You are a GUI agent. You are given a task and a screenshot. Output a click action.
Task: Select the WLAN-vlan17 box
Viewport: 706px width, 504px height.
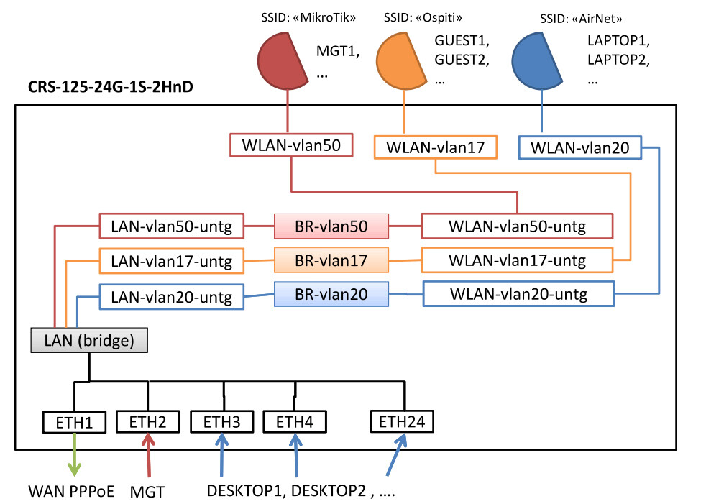436,147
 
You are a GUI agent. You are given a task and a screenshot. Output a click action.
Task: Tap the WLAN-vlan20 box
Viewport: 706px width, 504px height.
579,147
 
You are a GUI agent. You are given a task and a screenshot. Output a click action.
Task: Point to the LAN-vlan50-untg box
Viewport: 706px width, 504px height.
170,226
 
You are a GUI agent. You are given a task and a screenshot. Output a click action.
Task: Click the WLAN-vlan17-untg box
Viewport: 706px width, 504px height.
517,260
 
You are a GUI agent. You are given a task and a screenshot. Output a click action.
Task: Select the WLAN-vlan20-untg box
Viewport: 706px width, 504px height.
518,293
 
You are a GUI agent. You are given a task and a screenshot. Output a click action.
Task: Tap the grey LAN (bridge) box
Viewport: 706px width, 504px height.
90,340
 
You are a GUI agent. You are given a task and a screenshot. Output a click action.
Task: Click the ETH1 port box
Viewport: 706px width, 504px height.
74,421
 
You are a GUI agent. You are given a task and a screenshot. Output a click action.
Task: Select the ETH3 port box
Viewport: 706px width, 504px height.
223,421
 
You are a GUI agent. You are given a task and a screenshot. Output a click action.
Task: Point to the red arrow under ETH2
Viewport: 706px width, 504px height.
149,457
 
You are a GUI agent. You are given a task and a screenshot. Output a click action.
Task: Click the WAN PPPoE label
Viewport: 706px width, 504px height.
71,492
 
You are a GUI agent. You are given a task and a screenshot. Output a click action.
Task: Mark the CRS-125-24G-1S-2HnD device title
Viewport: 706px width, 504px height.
110,88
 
